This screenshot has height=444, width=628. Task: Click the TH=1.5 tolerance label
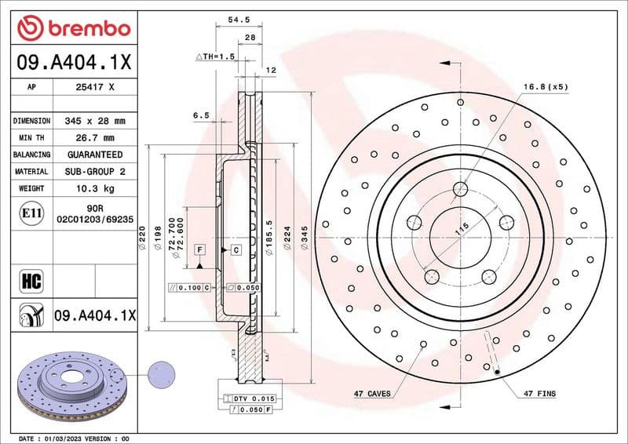point(216,56)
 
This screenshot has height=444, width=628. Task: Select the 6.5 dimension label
point(201,115)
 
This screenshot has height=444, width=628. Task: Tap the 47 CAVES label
point(370,392)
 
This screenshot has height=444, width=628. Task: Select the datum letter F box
point(200,249)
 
